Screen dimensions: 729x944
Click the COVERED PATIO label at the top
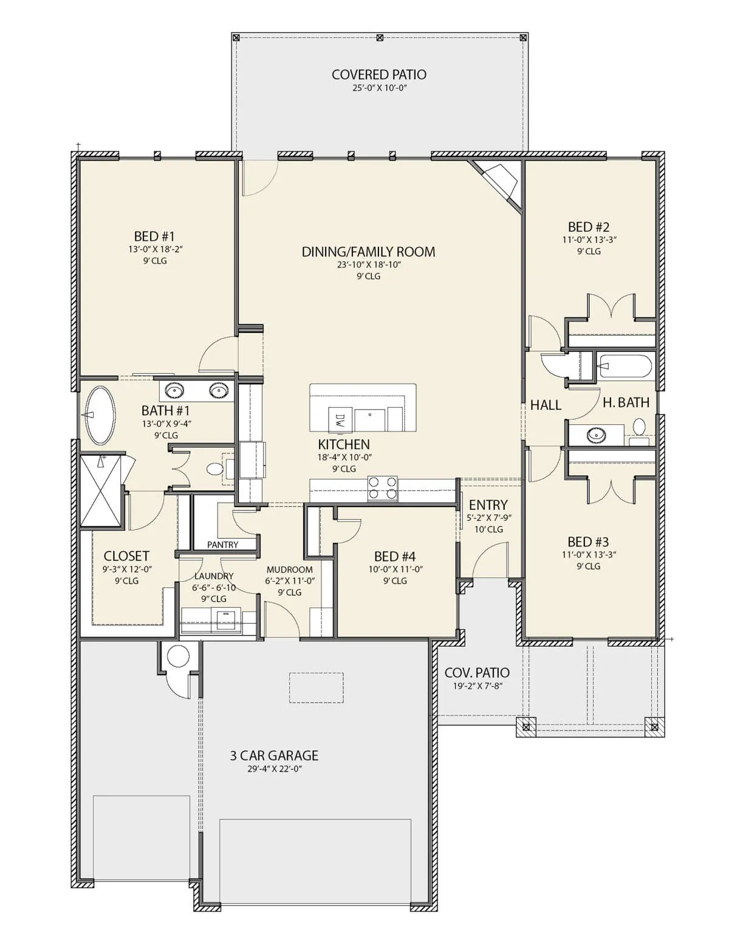[x=378, y=75]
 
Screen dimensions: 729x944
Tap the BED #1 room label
[x=154, y=237]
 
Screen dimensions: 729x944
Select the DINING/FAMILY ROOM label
[x=368, y=252]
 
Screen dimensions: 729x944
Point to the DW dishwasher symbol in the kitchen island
[x=339, y=419]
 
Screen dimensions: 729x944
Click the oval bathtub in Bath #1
[x=100, y=415]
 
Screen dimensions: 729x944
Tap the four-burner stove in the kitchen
[x=382, y=488]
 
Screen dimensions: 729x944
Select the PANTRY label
[x=222, y=545]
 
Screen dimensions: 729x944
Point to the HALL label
[x=546, y=405]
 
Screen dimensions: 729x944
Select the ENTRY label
[x=488, y=505]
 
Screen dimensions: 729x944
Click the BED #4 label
[x=395, y=557]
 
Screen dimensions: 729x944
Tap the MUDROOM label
[x=289, y=570]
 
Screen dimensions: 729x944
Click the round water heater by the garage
[x=178, y=656]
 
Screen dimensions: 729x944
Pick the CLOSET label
[x=126, y=556]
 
